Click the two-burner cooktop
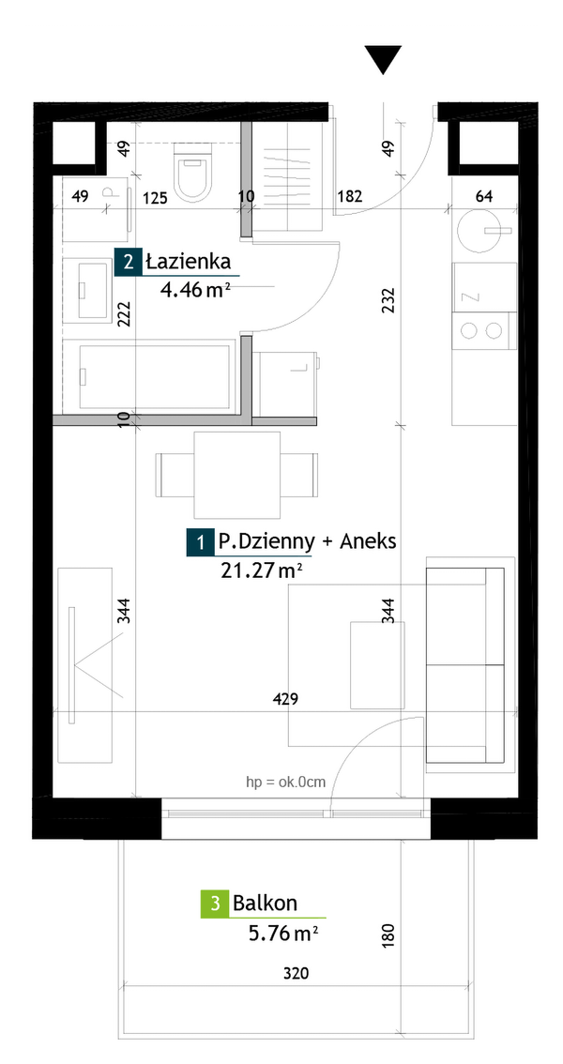pos(482,330)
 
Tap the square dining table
pos(236,475)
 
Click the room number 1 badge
pos(200,543)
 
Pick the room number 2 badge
pos(129,263)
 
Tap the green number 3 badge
pos(215,904)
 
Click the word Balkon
pos(266,904)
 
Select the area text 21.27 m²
pos(262,571)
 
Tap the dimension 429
pos(285,699)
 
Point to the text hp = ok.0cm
pos(285,782)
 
